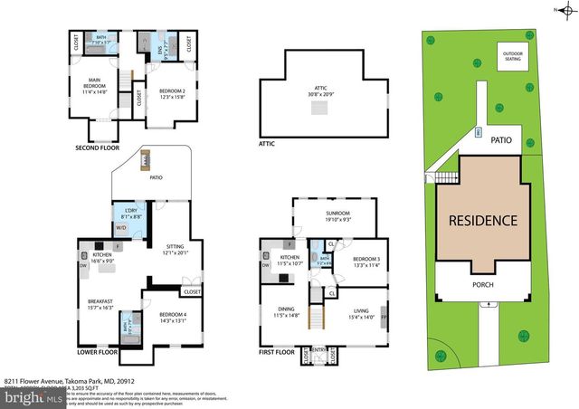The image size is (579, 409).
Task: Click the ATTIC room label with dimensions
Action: (318, 91)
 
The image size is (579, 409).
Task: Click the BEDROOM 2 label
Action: (172, 94)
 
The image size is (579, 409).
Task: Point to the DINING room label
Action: (286, 312)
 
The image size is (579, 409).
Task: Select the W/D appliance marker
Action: (122, 227)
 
